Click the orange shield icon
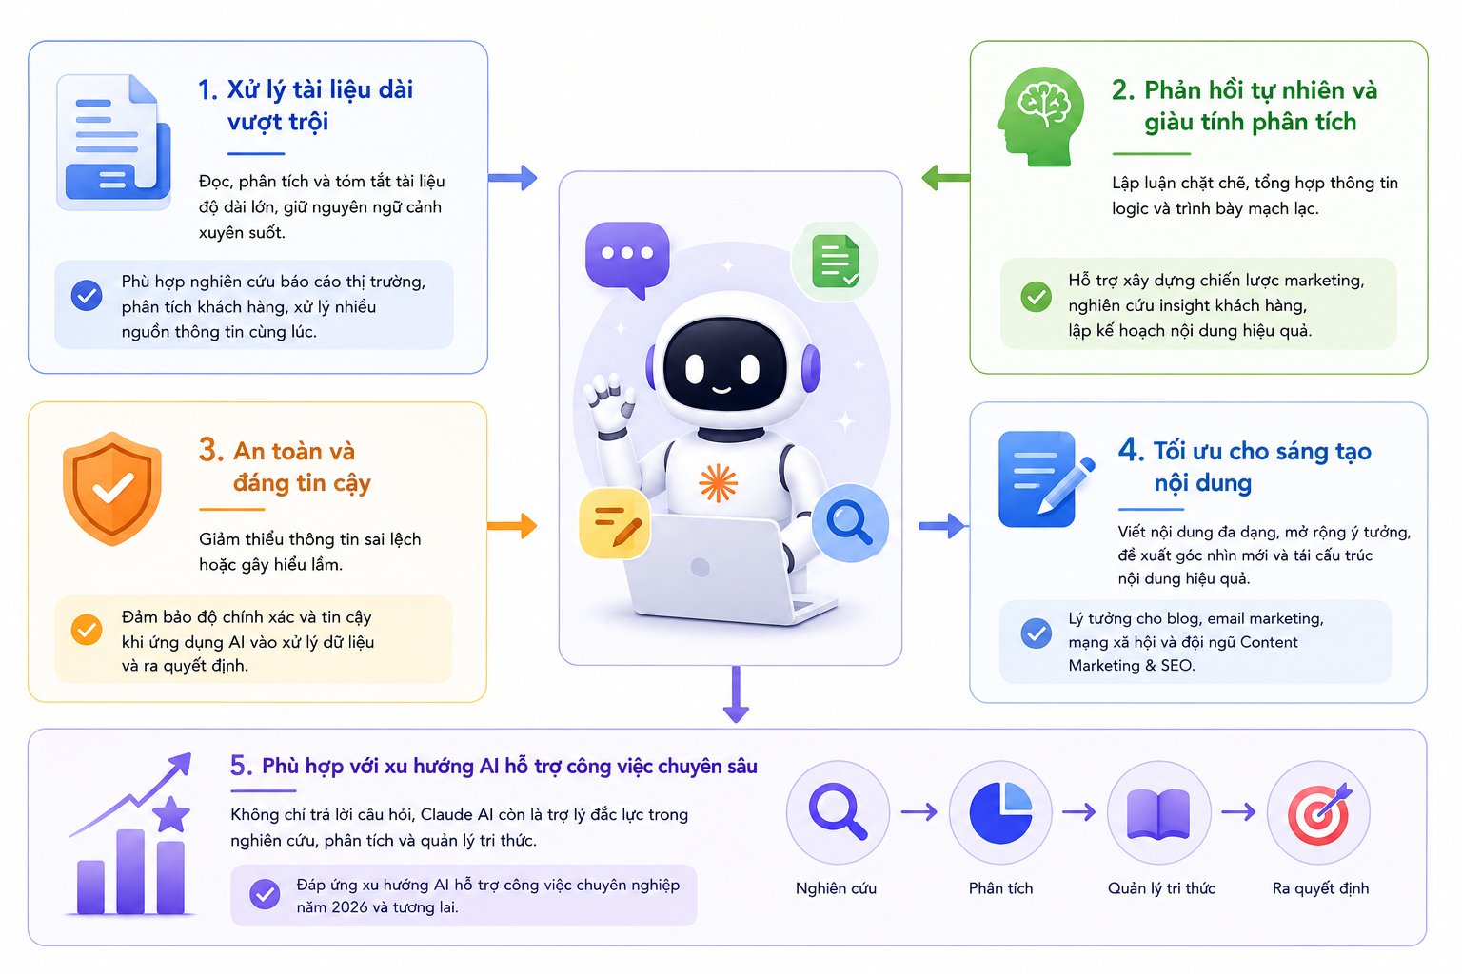(x=112, y=489)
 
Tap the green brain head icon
(x=1041, y=116)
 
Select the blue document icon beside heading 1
(x=114, y=143)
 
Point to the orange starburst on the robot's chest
(x=718, y=483)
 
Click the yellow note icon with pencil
(x=614, y=523)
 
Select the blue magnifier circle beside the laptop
(x=850, y=522)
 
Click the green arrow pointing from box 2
(x=946, y=178)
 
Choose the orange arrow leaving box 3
(x=512, y=526)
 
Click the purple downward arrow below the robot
(x=736, y=694)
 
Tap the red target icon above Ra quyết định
(x=1319, y=812)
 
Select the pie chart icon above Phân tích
(x=1000, y=813)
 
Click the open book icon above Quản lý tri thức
(x=1159, y=813)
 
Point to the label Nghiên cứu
(x=836, y=887)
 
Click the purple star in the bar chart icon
(x=171, y=813)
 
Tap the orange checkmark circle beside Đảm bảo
(x=87, y=630)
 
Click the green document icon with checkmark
(x=836, y=262)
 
